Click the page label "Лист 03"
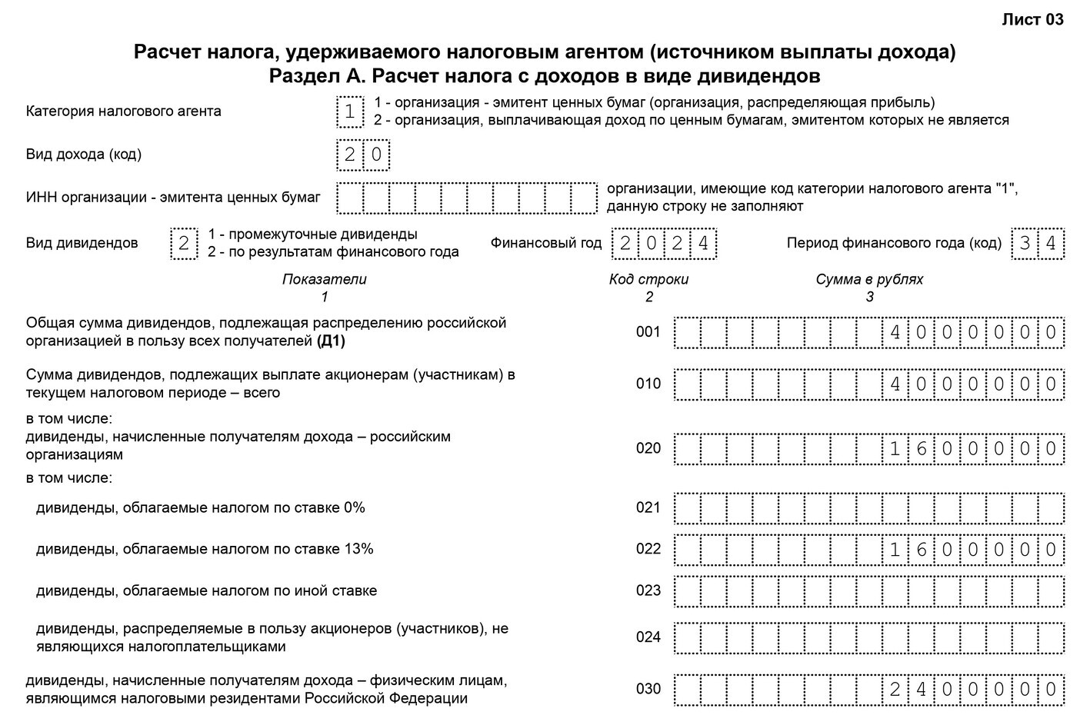pos(1032,20)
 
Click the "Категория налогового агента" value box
pos(350,111)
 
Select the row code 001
pos(648,332)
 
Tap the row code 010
pos(648,384)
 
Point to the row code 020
pos(648,448)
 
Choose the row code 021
pos(648,507)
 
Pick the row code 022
pos(648,549)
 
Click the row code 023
pos(648,590)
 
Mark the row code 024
pos(648,637)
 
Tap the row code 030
pos(648,689)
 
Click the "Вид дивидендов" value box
pos(183,244)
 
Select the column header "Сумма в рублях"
pos(869,279)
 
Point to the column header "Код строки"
pos(648,279)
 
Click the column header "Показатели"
pos(324,279)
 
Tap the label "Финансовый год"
pos(546,244)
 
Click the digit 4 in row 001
pos(895,333)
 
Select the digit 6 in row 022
pos(921,550)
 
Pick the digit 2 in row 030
pos(895,690)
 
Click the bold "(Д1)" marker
pos(331,341)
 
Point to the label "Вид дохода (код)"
pos(84,155)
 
